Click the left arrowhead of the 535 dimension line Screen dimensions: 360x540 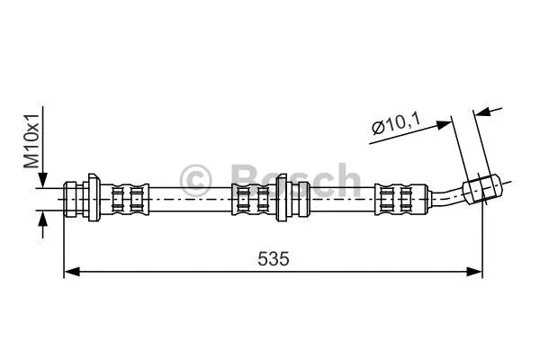coord(71,270)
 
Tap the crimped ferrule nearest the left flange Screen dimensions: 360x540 coord(126,198)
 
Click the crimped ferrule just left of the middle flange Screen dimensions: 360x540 coord(251,198)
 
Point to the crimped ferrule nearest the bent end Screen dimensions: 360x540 coord(396,198)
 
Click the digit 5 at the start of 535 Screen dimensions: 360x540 coord(262,258)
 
